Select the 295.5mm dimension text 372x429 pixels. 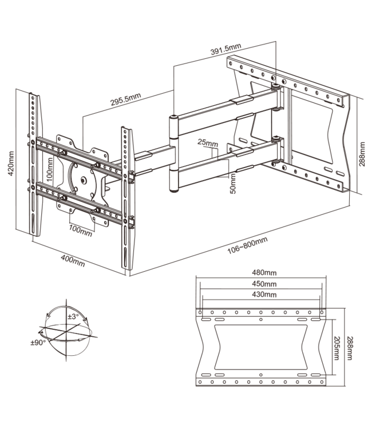pos(126,100)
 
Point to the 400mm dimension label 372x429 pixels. pos(73,263)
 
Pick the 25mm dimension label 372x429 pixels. pos(208,141)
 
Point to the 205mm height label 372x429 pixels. pos(334,347)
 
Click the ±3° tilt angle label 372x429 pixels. pos(73,316)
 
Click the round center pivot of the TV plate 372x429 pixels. pos(85,181)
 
